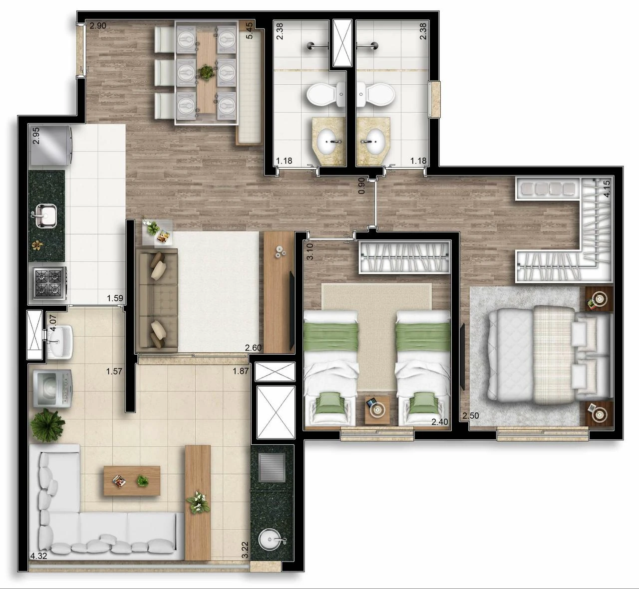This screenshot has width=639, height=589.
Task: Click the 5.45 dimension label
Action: pos(249,30)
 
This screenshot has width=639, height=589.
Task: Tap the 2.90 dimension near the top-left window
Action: pos(98,26)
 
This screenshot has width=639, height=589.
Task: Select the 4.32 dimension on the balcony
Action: pos(38,556)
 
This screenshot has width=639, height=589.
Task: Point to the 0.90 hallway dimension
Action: pos(361,186)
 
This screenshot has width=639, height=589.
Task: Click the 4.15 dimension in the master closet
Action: pos(607,189)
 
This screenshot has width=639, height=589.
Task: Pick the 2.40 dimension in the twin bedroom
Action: pos(439,422)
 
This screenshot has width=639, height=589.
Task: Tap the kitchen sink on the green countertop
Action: pos(46,215)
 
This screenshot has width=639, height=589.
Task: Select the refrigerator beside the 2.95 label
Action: pos(50,145)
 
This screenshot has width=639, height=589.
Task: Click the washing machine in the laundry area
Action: pos(52,389)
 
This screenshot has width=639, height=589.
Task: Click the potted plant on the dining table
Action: pos(205,72)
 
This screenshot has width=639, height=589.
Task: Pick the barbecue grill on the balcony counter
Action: pos(272,467)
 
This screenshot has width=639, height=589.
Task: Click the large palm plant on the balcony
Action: pos(47,425)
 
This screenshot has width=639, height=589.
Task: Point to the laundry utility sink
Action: pos(60,341)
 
